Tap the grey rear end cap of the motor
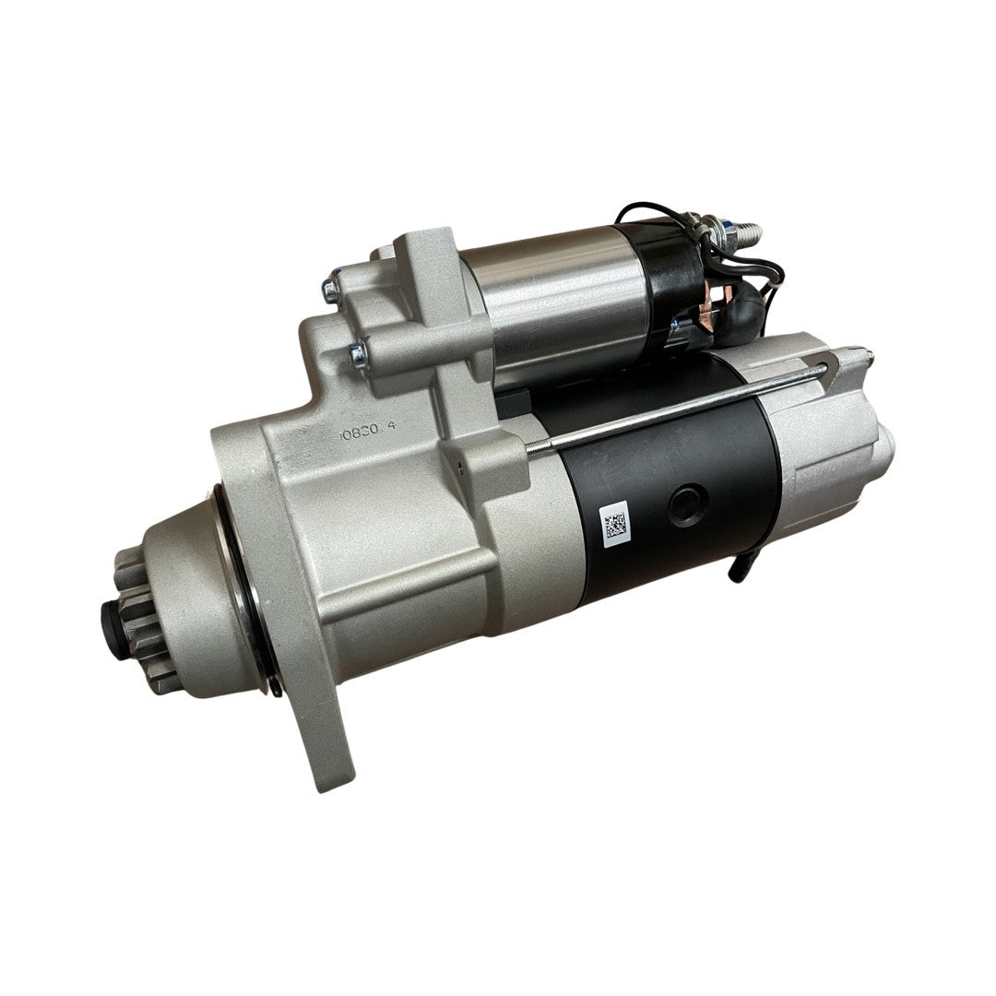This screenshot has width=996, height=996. point(830,433)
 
